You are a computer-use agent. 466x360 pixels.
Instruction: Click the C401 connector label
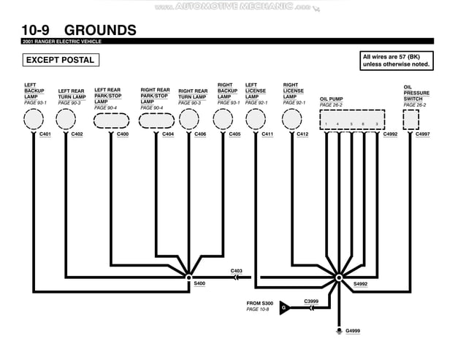coord(45,134)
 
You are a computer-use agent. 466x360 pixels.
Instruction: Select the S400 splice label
coord(199,283)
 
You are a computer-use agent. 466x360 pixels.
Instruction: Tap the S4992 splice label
coord(361,283)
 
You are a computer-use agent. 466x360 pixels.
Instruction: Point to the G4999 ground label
coord(353,331)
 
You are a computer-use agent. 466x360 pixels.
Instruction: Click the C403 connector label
coord(236,271)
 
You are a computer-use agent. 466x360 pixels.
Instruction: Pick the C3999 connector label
coord(311,301)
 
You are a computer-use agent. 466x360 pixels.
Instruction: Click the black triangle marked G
coord(285,307)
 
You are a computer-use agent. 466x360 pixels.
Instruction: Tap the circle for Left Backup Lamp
coord(33,118)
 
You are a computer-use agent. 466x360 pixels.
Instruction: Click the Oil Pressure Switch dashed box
coord(411,119)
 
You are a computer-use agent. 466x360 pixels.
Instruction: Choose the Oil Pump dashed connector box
coord(351,120)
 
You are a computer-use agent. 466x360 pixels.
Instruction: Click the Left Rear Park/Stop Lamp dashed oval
coord(111,120)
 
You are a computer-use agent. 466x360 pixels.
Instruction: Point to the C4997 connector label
coord(422,134)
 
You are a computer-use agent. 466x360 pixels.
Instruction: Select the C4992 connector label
coord(390,134)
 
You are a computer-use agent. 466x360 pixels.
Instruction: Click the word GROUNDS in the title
coord(100,30)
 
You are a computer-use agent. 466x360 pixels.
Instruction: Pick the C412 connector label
coord(302,134)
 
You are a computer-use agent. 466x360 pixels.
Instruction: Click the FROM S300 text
coord(259,303)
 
